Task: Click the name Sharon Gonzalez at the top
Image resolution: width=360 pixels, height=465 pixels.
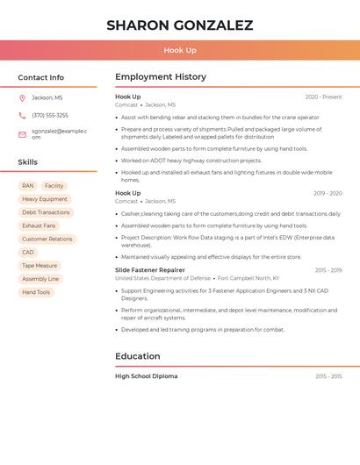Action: coord(179,25)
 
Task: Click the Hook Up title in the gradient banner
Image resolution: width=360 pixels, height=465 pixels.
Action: coord(179,51)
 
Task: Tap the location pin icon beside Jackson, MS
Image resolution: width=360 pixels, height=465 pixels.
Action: coord(22,97)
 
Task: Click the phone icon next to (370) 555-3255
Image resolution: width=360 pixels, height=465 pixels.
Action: coord(22,115)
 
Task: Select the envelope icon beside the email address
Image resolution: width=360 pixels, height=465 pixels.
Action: coord(22,134)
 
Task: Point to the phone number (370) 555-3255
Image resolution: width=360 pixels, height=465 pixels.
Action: coord(50,115)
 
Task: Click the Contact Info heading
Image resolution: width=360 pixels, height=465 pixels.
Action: coord(40,77)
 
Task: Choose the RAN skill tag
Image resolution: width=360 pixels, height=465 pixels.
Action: coord(28,186)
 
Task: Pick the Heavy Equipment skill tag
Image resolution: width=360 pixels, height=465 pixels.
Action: coord(45,199)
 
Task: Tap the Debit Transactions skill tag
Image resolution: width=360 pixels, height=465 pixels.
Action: coord(46,212)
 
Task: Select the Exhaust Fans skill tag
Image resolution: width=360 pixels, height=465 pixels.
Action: coord(39,225)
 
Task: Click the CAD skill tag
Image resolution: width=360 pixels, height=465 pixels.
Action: coord(28,252)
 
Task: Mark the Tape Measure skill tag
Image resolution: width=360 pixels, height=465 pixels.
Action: coord(40,265)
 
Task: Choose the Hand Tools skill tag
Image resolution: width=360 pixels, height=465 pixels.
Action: coord(36,292)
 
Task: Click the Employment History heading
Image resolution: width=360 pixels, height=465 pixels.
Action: coord(161,76)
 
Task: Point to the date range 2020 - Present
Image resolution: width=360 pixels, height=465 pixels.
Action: coord(323,97)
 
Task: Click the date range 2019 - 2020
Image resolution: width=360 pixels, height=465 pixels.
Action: coord(328,193)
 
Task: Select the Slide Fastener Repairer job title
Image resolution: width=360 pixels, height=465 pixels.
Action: coord(150,270)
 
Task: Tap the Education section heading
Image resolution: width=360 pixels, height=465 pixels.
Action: coord(138,356)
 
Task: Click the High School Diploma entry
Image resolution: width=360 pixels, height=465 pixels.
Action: coord(147,376)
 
